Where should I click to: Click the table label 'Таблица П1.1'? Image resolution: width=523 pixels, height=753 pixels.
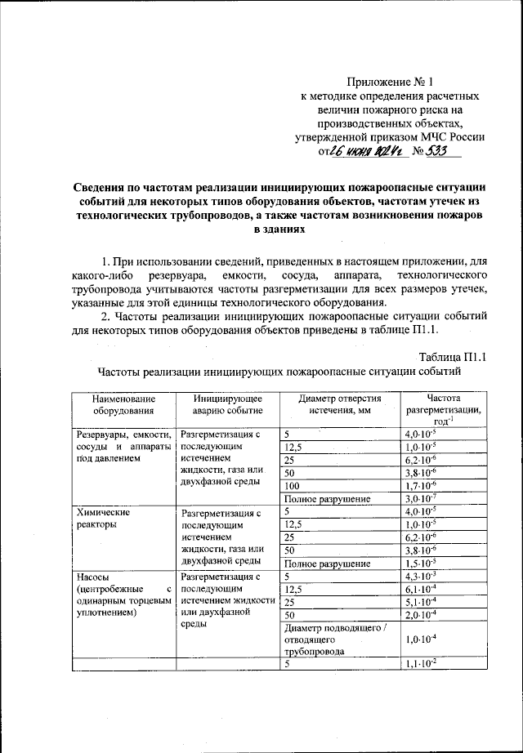coord(452,357)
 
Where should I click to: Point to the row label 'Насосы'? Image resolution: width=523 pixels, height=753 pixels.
coord(91,577)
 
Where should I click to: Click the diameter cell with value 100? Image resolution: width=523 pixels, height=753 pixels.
coord(292,485)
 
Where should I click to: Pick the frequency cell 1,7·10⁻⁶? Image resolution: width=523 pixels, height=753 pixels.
coord(421,485)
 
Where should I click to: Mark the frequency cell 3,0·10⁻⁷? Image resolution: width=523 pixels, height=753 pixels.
coord(421,498)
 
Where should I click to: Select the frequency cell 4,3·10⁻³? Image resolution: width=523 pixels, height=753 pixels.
coord(421,577)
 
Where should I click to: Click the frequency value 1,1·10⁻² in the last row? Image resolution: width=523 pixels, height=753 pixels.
coord(421,665)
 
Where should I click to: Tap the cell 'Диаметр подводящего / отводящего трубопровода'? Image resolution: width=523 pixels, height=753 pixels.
coord(338,639)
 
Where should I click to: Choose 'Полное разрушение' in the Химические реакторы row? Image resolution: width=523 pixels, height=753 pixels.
coord(327,564)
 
